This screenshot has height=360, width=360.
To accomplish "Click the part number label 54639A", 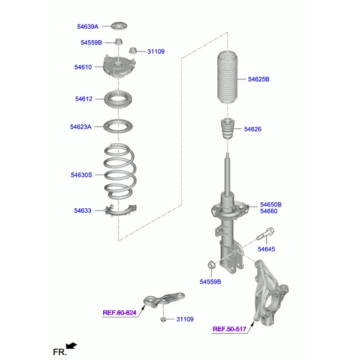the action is [x=88, y=26].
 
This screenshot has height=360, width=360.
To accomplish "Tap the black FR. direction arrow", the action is [x=71, y=346].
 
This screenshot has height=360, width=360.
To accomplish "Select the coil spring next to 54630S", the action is [x=120, y=171].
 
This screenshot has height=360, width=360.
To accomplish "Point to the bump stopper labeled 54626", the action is [x=227, y=128].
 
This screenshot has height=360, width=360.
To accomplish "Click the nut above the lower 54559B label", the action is [x=211, y=265].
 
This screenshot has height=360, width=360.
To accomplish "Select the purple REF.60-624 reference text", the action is [x=119, y=313].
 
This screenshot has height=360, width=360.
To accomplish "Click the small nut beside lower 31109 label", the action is [x=163, y=319].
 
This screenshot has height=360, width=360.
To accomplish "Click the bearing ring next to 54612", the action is [x=118, y=99].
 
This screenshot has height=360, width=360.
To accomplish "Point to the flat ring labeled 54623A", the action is [x=118, y=126].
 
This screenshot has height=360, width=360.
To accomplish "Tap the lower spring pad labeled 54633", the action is [x=121, y=211].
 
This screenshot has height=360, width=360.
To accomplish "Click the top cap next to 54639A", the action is [x=119, y=26].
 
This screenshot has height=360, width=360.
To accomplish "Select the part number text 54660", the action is [x=269, y=211].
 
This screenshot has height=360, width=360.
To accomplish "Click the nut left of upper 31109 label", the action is [x=132, y=50].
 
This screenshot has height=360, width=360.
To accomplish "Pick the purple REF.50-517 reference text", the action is [x=229, y=329].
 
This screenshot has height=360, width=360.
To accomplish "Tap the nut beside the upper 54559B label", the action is [x=118, y=42].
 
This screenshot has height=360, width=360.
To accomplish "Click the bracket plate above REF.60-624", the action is [x=164, y=299].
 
